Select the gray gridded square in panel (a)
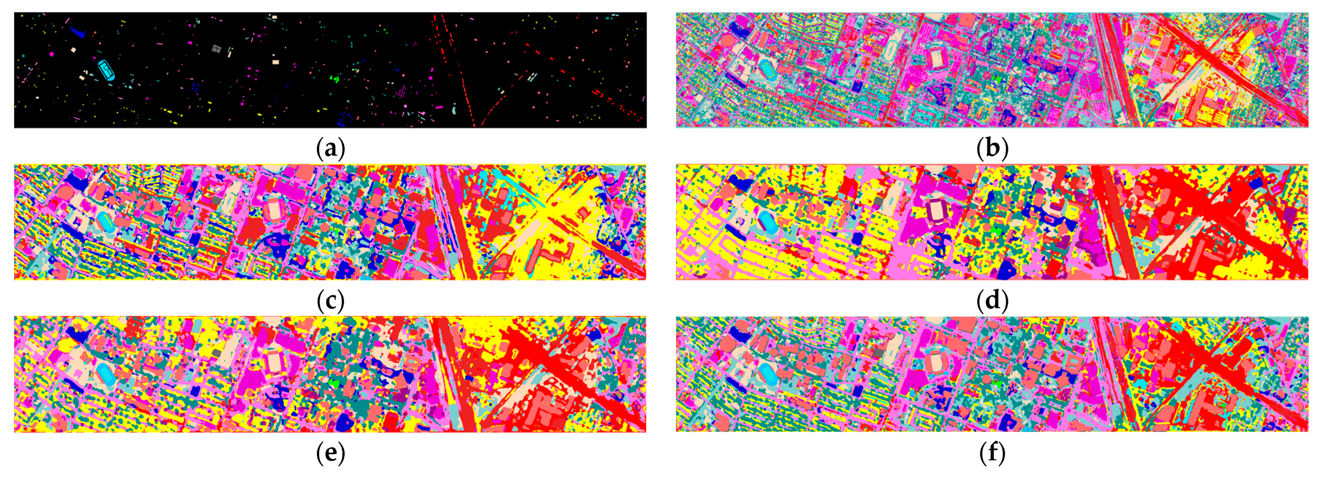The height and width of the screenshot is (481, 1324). [x=217, y=49]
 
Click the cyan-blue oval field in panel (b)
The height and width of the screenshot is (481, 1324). [x=768, y=67]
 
